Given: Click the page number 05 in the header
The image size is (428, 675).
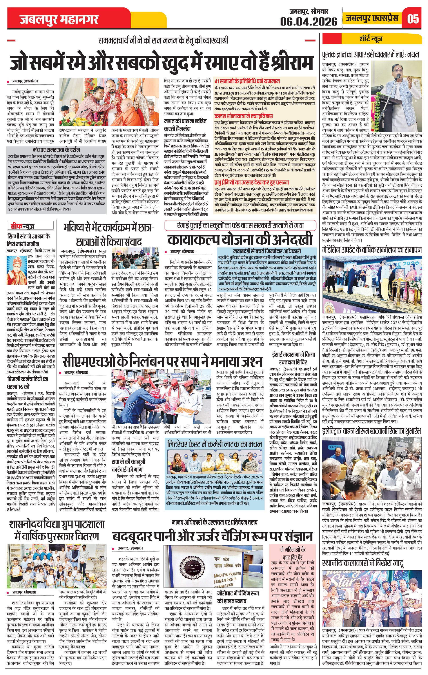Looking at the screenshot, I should pyautogui.click(x=413, y=19).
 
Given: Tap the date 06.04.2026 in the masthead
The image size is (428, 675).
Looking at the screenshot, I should pyautogui.click(x=309, y=21).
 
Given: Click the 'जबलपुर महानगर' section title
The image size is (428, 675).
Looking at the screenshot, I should pyautogui.click(x=59, y=20).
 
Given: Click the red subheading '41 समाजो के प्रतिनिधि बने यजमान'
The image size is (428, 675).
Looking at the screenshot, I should pyautogui.click(x=247, y=81).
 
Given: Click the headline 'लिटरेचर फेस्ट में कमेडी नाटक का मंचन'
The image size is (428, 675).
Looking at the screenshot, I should pyautogui.click(x=214, y=444).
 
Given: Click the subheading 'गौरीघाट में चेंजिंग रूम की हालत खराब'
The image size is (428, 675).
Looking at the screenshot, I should pyautogui.click(x=238, y=597).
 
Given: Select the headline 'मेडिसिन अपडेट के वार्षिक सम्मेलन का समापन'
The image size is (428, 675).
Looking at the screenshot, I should pyautogui.click(x=372, y=250).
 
